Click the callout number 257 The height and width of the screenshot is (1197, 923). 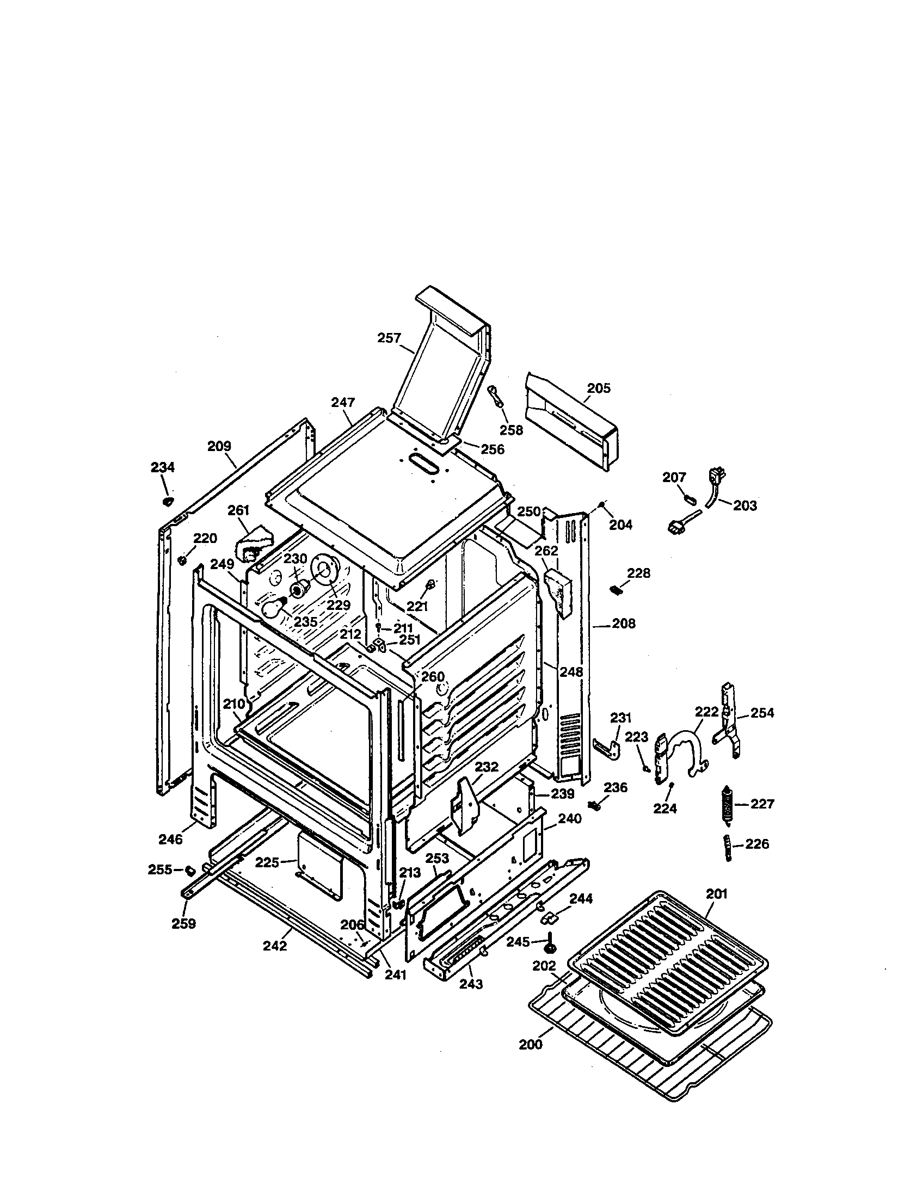pos(389,338)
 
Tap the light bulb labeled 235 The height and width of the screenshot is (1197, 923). pos(274,608)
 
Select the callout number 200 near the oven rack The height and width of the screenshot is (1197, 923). pos(531,1045)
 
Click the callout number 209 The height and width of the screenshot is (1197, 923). pos(219,446)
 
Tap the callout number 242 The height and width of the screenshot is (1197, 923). pos(275,946)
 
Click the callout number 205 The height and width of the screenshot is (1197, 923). pos(599,388)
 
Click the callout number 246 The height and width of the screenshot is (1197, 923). pos(170,838)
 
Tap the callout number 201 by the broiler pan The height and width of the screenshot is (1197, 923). pos(716,894)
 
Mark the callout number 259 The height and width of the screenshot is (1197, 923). pos(183,924)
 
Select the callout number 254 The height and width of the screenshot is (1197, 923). pos(762,713)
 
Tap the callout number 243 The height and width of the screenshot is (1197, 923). pos(471,984)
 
